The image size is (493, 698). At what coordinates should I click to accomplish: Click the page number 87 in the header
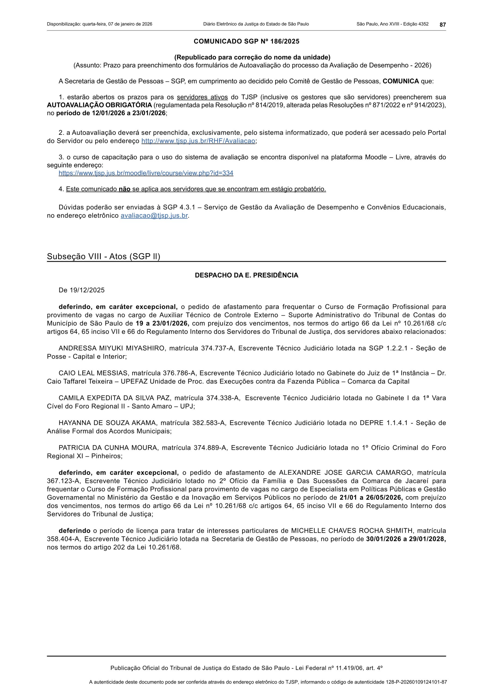tap(443, 25)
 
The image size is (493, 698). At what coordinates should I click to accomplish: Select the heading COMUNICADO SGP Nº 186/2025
tap(246, 41)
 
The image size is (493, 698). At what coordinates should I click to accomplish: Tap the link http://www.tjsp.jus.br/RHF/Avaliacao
tap(198, 141)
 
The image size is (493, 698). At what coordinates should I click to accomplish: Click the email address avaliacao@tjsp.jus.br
tap(154, 216)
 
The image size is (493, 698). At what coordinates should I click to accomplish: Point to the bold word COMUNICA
tap(401, 81)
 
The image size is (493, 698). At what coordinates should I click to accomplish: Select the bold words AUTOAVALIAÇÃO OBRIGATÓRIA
tap(99, 105)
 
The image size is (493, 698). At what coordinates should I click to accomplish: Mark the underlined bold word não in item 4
tap(124, 189)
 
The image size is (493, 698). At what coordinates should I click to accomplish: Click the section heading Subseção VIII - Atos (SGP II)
tap(103, 257)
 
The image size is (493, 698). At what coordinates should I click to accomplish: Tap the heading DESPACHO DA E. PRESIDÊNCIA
tap(246, 275)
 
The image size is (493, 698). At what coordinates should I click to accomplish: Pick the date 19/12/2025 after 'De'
tap(87, 290)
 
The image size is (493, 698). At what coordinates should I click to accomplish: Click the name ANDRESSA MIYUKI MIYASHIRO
tap(111, 348)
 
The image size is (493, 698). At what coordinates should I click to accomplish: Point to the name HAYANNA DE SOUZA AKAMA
tap(108, 423)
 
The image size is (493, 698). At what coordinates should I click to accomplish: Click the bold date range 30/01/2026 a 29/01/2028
tap(406, 539)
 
